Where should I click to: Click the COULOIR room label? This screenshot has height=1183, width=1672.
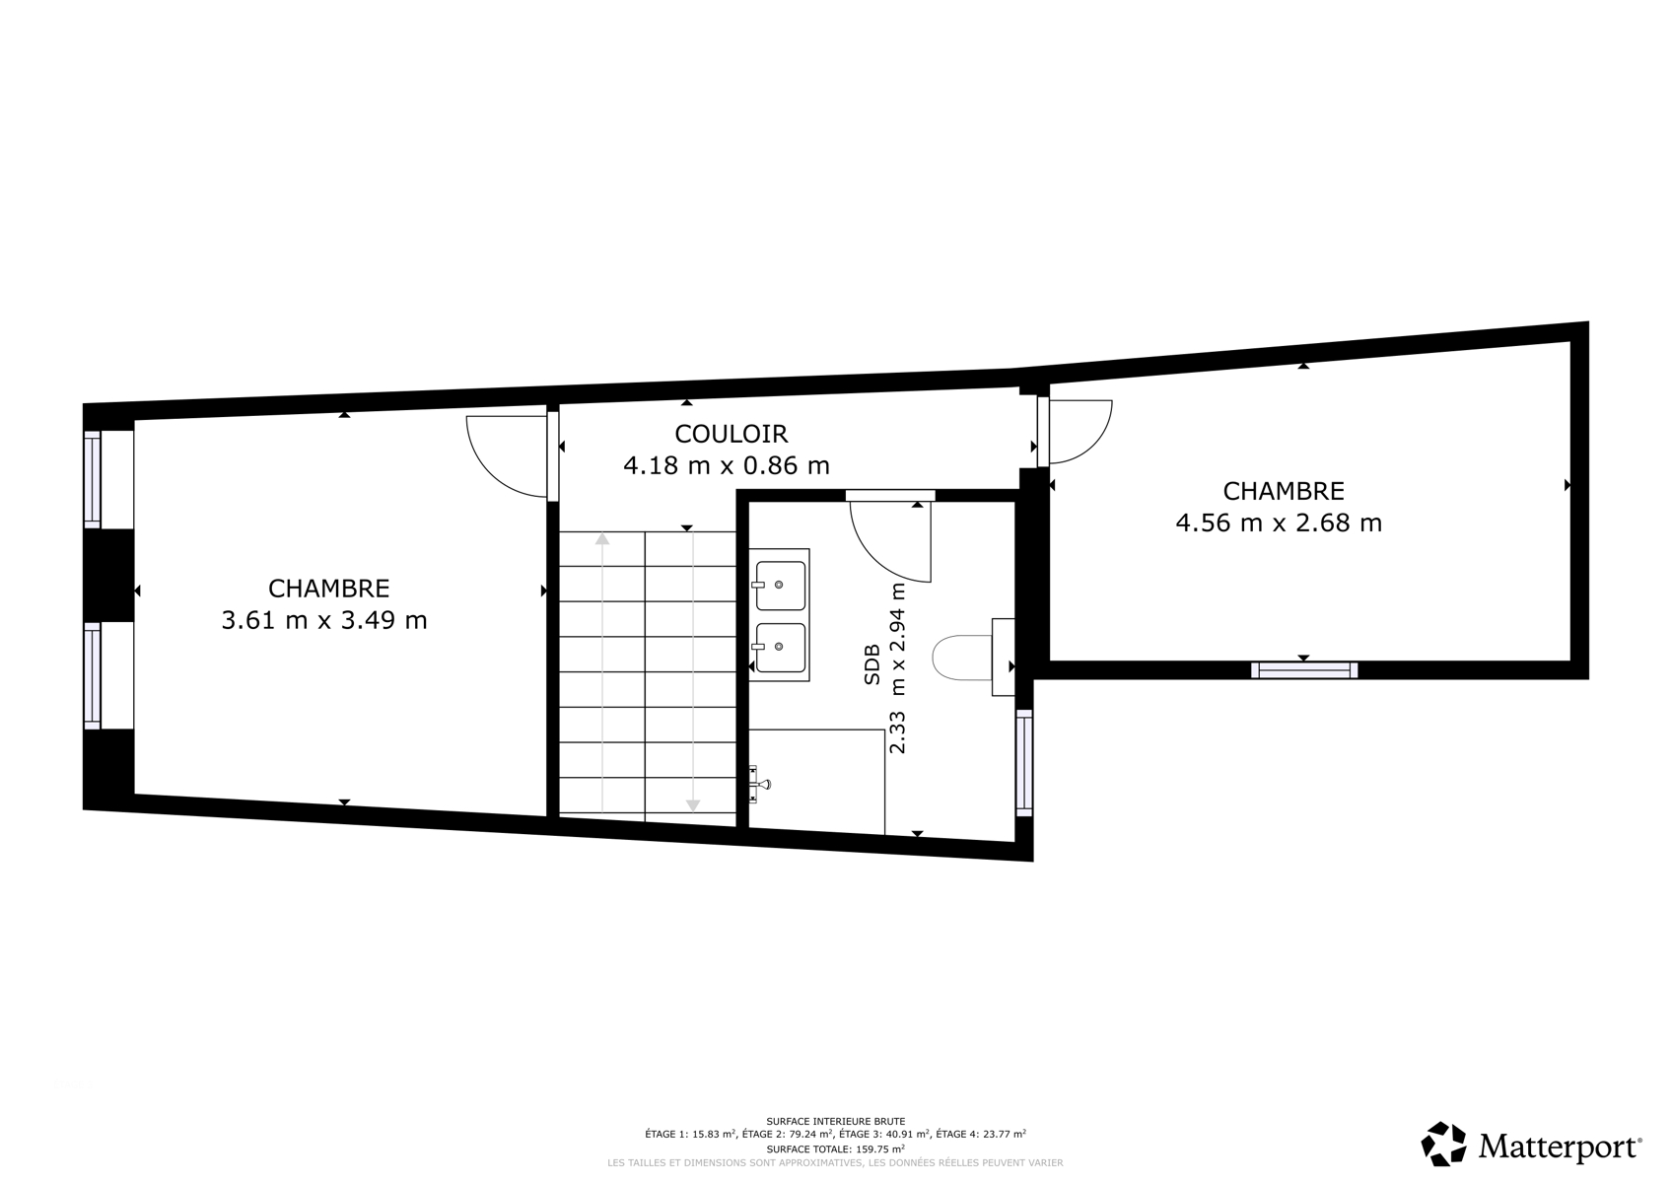pyautogui.click(x=731, y=434)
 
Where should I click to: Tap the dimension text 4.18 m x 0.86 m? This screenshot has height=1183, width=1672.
pyautogui.click(x=727, y=465)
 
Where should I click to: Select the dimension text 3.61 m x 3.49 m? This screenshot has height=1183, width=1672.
pyautogui.click(x=324, y=620)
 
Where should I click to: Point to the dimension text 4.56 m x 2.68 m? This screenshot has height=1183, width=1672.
pyautogui.click(x=1279, y=522)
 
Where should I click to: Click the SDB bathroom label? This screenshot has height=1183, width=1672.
pyautogui.click(x=871, y=664)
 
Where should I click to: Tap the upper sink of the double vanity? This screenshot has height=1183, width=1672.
pyautogui.click(x=780, y=586)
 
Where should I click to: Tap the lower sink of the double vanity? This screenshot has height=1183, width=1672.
pyautogui.click(x=780, y=648)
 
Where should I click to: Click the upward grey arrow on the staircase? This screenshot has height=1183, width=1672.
pyautogui.click(x=602, y=672)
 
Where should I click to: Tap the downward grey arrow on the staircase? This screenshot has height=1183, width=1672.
pyautogui.click(x=693, y=671)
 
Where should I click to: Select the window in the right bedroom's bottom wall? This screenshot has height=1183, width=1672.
pyautogui.click(x=1304, y=670)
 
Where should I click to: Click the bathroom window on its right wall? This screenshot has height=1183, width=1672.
pyautogui.click(x=1024, y=763)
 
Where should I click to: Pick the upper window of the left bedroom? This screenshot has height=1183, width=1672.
pyautogui.click(x=93, y=479)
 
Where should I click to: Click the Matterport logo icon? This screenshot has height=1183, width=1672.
pyautogui.click(x=1444, y=1144)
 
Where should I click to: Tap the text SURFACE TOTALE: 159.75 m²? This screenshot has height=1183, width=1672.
pyautogui.click(x=835, y=1148)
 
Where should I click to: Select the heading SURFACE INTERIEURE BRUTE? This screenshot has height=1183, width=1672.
pyautogui.click(x=835, y=1121)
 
